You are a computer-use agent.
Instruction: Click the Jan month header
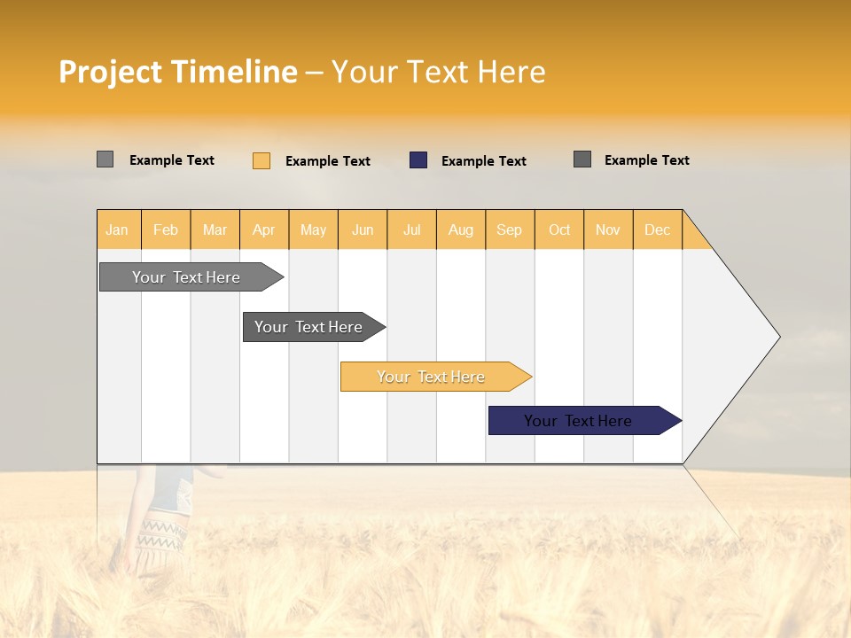[x=117, y=230]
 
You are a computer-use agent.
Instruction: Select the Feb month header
[x=166, y=230]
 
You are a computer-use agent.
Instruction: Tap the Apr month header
[x=263, y=230]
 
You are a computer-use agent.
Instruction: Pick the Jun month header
[x=363, y=230]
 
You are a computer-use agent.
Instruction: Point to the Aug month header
[x=460, y=230]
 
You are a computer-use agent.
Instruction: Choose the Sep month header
[x=509, y=230]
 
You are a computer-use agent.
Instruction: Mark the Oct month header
[x=559, y=230]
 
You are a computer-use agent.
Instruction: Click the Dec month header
[x=657, y=230]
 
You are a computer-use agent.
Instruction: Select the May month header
[x=313, y=230]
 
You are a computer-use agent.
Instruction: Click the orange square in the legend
[x=262, y=160]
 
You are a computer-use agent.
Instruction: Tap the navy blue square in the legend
[x=418, y=160]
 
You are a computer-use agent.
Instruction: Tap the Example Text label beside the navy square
[x=483, y=161]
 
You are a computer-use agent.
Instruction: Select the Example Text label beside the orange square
[x=327, y=161]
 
